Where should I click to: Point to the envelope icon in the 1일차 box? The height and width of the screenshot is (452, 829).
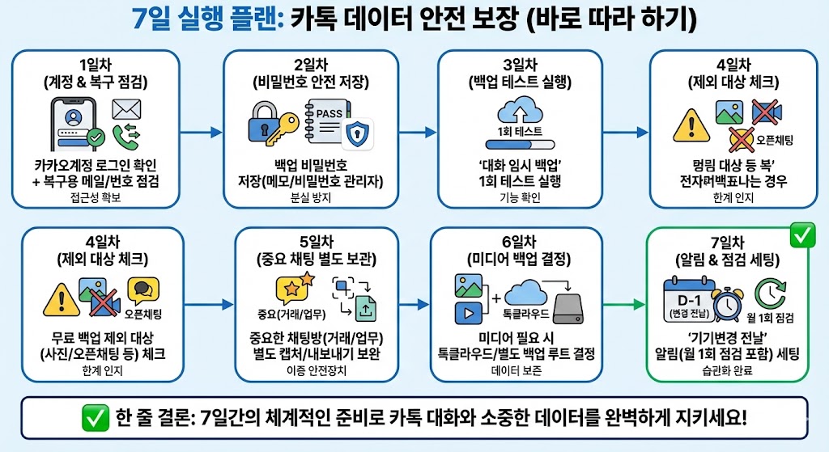pos(126,108)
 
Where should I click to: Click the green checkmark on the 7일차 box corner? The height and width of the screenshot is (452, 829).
pos(802,236)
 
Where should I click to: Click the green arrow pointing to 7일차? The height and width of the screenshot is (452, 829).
pos(624,305)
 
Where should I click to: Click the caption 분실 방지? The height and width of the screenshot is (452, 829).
pos(311,196)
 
